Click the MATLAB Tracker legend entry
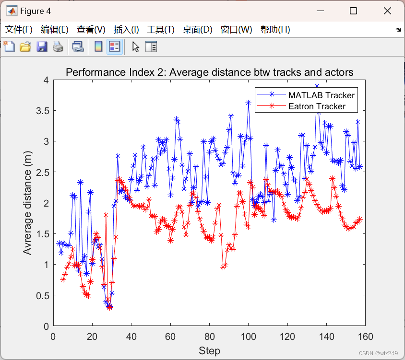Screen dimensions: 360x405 (321, 95)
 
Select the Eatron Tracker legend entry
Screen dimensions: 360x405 (317, 106)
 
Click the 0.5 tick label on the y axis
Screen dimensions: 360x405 (43, 295)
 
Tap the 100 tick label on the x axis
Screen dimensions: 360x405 (248, 337)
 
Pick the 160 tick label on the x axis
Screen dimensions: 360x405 (365, 337)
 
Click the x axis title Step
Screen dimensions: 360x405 (209, 351)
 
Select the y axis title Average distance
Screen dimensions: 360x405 (27, 203)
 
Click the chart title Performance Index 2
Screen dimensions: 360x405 (209, 72)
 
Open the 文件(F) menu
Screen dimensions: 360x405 (19, 30)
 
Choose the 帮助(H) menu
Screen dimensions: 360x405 (275, 30)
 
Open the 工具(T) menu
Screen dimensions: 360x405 (160, 30)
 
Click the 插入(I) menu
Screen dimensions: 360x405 (126, 30)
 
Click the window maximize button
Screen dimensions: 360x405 (354, 11)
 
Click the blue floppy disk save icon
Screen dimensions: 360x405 (42, 46)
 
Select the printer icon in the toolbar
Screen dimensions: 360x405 (58, 46)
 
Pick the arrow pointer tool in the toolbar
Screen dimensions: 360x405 (136, 46)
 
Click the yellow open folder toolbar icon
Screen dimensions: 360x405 (25, 46)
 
